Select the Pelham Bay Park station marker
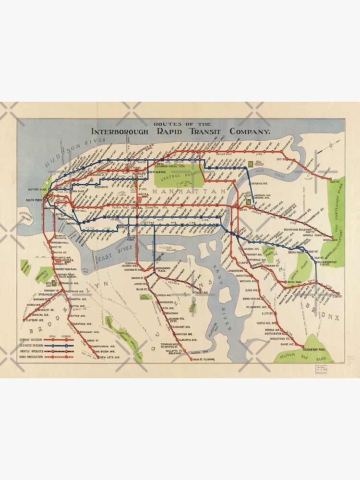(x=303, y=346)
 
